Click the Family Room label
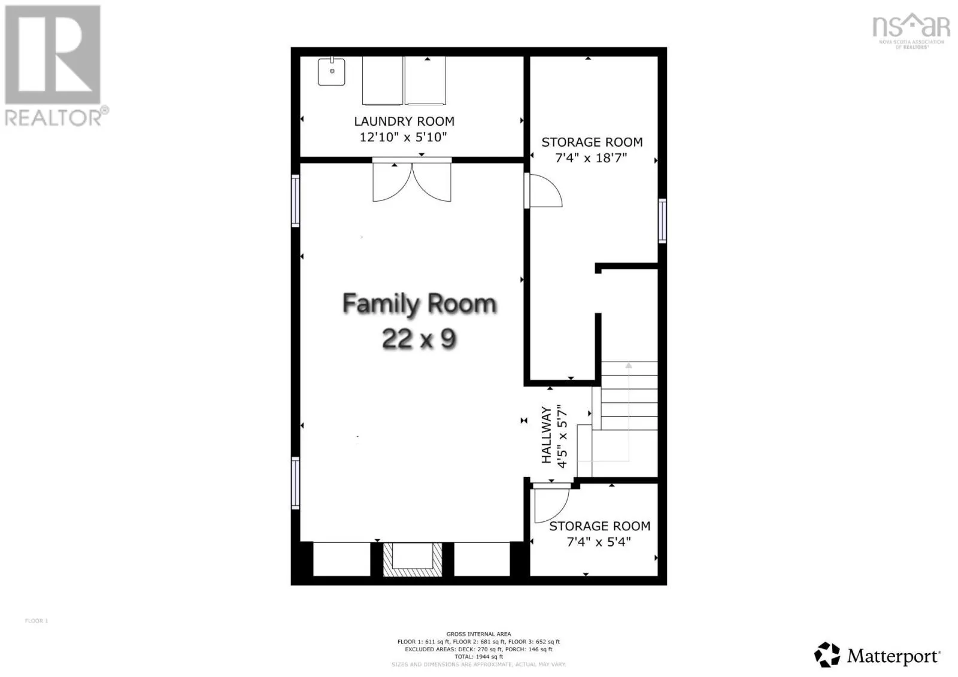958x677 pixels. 419,304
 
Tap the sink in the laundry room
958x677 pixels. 331,72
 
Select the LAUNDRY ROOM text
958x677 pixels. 404,122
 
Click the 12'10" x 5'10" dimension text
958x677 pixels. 403,137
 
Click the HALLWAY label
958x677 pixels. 546,435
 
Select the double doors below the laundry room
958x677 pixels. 412,181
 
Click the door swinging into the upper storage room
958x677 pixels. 544,191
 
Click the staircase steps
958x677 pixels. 629,395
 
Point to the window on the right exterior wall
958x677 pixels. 662,221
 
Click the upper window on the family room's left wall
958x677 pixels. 295,201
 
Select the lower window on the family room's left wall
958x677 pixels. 295,482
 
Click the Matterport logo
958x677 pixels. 877,655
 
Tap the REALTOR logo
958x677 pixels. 54,66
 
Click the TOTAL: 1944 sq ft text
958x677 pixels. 478,657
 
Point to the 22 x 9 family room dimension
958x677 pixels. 419,339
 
